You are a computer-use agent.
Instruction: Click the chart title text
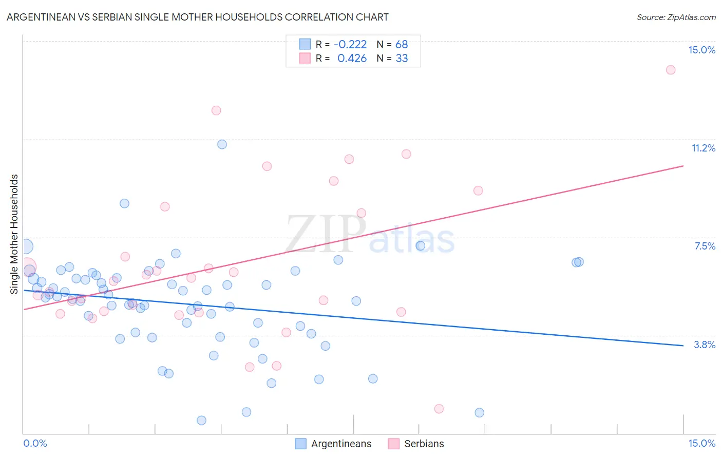coord(198,17)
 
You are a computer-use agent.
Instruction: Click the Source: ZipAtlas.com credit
coord(676,17)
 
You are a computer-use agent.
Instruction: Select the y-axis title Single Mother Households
coord(14,234)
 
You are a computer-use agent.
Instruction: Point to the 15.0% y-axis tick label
coord(701,50)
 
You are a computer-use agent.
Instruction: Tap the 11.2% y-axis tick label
coord(703,148)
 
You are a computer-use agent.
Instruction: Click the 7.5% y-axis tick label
coord(705,246)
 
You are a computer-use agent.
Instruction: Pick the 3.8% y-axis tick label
coord(705,345)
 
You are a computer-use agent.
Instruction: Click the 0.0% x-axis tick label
coord(35,443)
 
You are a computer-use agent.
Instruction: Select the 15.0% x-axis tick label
coord(701,443)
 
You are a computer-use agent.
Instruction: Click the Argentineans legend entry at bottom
coord(334,444)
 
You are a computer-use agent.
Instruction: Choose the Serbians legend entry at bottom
coord(416,444)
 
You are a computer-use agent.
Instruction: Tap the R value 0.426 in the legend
coord(352,59)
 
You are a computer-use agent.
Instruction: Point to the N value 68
coord(402,45)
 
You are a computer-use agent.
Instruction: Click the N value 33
coord(402,59)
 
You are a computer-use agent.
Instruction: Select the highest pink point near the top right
coord(670,70)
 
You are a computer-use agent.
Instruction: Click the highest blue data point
coord(222,144)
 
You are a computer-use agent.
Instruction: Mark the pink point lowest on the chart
coord(439,409)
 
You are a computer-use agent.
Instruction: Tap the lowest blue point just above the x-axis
coord(201,420)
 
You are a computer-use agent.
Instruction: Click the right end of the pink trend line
coord(683,166)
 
